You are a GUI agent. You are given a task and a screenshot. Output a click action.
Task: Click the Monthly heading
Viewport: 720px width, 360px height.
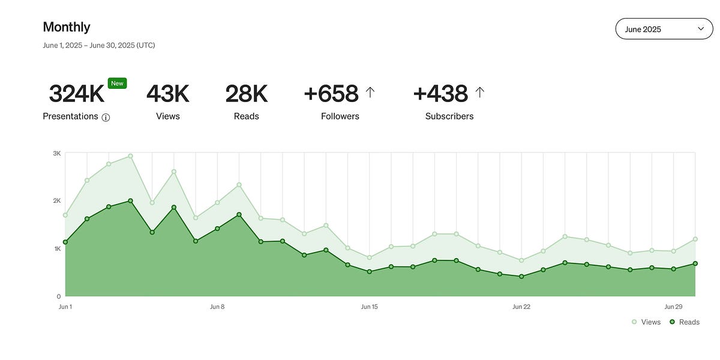[67, 27]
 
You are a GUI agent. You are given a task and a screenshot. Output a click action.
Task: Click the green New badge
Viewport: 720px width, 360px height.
[117, 83]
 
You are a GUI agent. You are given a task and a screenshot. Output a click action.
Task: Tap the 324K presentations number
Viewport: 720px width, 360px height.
[76, 94]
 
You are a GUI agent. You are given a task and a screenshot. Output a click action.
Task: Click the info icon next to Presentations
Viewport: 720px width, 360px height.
[106, 118]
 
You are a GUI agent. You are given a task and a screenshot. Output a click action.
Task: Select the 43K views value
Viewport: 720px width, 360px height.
[167, 94]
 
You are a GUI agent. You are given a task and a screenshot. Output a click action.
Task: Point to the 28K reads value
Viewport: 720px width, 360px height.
[246, 94]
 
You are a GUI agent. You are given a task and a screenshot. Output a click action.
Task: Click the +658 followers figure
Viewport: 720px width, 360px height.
[331, 94]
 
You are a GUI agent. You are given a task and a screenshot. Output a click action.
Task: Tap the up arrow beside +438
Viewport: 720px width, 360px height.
[479, 92]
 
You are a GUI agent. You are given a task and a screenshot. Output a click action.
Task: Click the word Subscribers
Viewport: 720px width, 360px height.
[449, 116]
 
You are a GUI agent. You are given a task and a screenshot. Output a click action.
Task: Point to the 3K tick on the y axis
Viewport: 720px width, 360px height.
[56, 153]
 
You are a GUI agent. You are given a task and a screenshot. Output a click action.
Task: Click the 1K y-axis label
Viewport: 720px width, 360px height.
[56, 248]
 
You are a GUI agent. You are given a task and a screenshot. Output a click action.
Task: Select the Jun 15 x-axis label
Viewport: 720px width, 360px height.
[369, 307]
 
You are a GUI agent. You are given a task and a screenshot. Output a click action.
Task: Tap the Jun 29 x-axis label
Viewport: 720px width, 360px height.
[673, 307]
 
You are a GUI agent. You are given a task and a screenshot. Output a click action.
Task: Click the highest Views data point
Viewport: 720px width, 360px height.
[130, 156]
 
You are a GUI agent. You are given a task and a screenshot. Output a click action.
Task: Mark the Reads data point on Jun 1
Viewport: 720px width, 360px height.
[65, 242]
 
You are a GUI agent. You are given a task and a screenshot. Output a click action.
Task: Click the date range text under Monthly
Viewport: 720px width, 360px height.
[99, 45]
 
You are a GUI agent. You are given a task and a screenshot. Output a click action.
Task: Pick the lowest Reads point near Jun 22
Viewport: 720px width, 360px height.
[521, 277]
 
